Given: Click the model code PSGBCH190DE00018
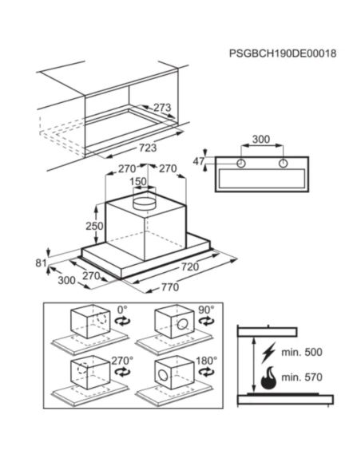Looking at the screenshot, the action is [283, 53].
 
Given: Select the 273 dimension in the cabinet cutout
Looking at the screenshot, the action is [162, 107].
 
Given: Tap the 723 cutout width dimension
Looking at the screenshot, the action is [148, 148].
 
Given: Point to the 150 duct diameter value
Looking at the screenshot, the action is [138, 182].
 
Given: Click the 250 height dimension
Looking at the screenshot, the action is [94, 226].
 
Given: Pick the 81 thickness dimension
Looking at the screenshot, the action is [41, 263].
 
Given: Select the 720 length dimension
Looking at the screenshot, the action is [190, 267].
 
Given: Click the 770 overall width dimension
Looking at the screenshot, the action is [170, 287].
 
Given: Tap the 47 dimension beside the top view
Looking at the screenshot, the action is [199, 161].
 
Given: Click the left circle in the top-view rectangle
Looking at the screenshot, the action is [241, 163].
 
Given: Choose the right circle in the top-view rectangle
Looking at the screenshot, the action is [283, 163].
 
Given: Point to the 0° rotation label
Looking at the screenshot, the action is [122, 310].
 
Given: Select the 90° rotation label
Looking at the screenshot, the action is [206, 310].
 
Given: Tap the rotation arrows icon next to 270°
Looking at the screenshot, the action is [122, 372].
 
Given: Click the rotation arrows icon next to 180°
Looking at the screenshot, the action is [206, 372].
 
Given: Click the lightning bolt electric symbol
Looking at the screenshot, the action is [268, 353].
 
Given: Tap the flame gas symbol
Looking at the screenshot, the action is [268, 378].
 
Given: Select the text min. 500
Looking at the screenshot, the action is [302, 353].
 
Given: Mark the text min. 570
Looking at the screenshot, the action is [302, 377].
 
